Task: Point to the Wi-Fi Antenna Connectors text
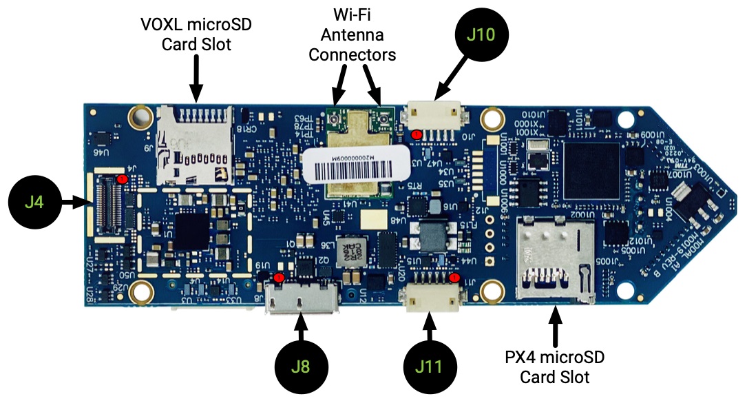[x=353, y=34]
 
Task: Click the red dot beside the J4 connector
[x=122, y=179]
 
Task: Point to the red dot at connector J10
[x=417, y=134]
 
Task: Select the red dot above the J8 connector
[x=279, y=278]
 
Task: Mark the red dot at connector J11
[x=454, y=278]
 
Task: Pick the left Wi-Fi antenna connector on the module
[x=335, y=120]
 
